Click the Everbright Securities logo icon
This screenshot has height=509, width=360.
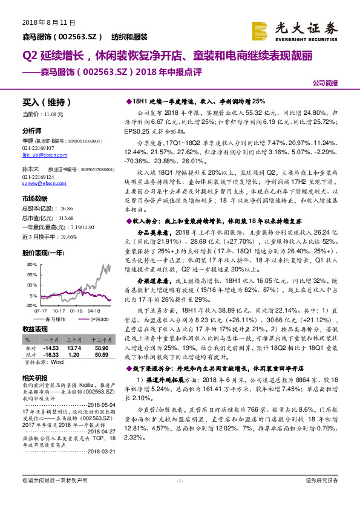[260, 29]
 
